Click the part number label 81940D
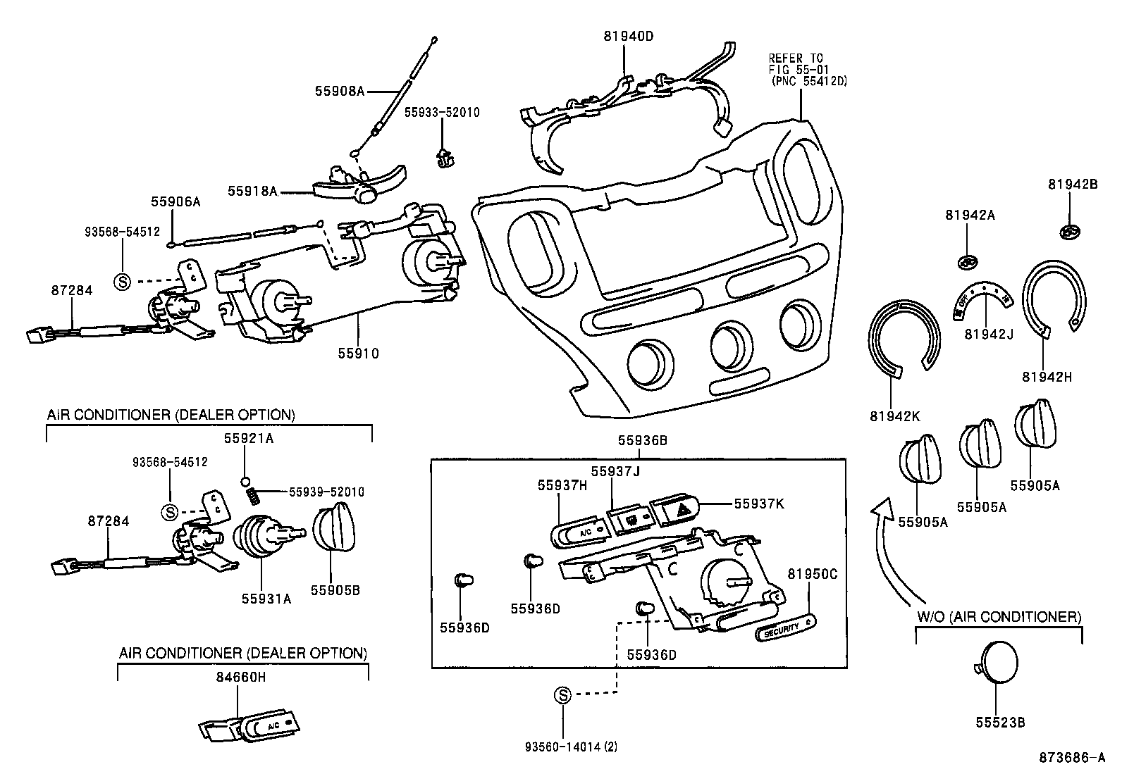coord(628,36)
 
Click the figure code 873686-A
coord(1071,758)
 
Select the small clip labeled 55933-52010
coord(443,159)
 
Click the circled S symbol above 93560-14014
coord(562,696)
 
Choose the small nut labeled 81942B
coord(1071,230)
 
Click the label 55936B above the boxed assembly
coord(642,441)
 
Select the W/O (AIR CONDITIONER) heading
coord(999,617)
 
